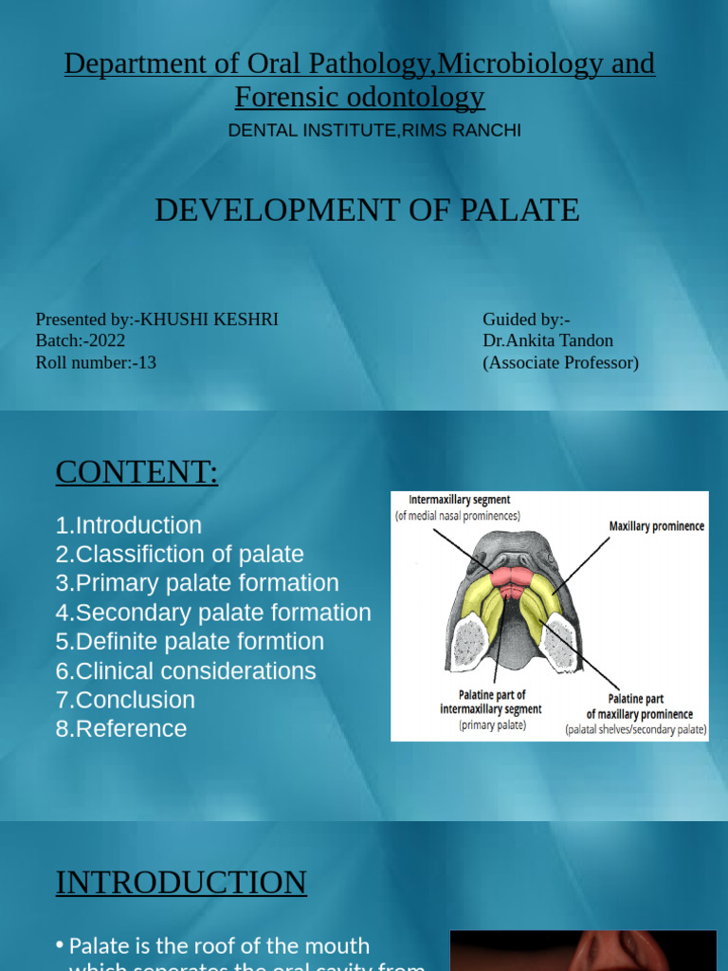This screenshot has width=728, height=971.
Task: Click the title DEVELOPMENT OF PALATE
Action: (367, 210)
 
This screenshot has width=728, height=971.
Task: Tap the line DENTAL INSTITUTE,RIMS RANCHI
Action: (374, 131)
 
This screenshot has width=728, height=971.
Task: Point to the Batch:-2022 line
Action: (81, 340)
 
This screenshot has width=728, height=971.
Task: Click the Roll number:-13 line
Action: (96, 362)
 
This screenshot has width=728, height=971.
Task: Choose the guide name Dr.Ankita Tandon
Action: (548, 340)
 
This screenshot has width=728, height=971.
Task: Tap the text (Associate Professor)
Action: (560, 362)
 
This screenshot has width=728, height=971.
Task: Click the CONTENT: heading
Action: (136, 471)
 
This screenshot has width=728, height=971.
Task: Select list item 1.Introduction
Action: (128, 525)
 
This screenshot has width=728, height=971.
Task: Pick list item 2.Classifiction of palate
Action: (179, 554)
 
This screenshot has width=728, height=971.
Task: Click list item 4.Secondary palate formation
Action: (213, 613)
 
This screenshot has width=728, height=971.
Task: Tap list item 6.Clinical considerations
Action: (186, 671)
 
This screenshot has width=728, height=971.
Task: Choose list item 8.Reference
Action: (121, 729)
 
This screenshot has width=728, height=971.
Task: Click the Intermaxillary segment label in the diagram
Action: (459, 500)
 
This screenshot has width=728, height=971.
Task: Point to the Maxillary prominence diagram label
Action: (656, 526)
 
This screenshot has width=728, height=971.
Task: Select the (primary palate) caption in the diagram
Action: (492, 725)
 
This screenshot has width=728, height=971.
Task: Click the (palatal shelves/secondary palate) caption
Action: (636, 730)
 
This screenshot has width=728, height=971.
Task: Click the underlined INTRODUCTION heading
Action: (181, 883)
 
